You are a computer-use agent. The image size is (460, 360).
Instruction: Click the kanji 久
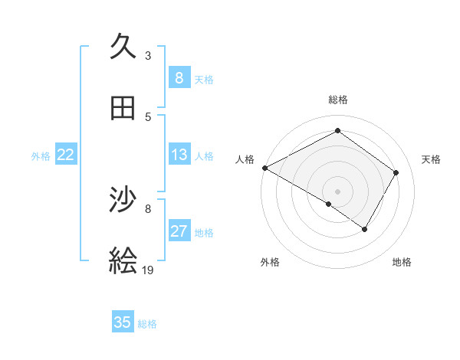click(123, 47)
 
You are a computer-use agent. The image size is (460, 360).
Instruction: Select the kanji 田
click(123, 109)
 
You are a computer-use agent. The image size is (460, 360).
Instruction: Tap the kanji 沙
click(123, 201)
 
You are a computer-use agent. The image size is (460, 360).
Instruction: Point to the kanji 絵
click(123, 260)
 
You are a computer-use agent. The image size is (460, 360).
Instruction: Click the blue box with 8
click(179, 78)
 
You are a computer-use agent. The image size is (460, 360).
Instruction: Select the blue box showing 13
click(179, 155)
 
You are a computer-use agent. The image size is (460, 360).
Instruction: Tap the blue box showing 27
click(179, 231)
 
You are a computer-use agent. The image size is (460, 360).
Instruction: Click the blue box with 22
click(66, 155)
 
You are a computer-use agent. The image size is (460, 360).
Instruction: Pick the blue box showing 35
click(123, 322)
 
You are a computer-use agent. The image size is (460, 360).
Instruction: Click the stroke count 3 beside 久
click(148, 55)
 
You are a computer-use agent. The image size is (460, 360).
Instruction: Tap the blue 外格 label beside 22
click(41, 155)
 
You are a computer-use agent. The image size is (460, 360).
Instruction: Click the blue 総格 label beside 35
click(147, 323)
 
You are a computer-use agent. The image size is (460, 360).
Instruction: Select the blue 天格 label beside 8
click(204, 79)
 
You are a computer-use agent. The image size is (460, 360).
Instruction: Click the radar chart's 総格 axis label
click(338, 100)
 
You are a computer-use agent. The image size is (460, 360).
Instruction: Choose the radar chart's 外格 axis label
click(270, 262)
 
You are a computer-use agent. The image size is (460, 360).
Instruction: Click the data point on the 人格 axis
click(264, 168)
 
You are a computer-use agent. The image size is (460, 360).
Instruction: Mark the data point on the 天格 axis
click(396, 172)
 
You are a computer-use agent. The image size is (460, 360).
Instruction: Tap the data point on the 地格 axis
click(365, 229)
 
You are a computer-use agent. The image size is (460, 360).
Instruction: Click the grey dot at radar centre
click(338, 191)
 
